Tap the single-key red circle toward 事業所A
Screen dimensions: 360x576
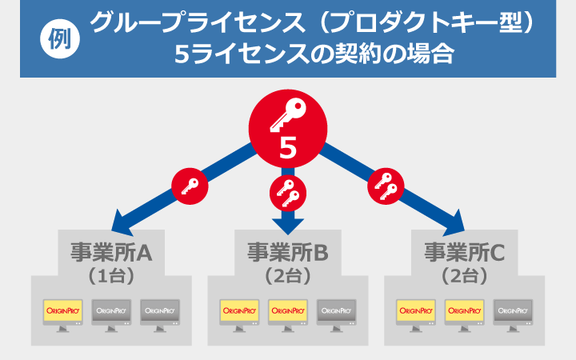coord(190,186)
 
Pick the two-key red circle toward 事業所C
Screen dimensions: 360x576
coord(386,186)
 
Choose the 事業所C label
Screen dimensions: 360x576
coord(464,253)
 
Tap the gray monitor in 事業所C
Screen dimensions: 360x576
coord(512,312)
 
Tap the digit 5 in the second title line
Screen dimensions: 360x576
coord(182,55)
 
